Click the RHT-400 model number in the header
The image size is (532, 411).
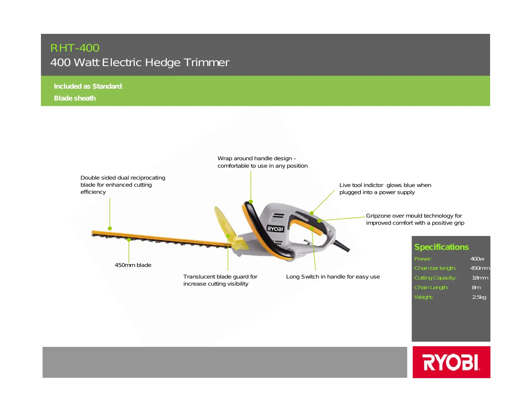(75, 48)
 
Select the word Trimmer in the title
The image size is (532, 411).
(207, 62)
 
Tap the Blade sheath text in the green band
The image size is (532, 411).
(75, 98)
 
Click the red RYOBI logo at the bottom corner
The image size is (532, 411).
(451, 362)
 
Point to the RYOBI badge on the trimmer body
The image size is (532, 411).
(275, 229)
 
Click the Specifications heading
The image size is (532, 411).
(441, 247)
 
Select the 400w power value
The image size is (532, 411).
(477, 259)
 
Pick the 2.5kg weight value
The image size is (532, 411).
(479, 297)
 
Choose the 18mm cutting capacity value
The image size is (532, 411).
(480, 278)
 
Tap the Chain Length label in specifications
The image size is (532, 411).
(431, 288)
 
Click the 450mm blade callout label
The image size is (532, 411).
(133, 265)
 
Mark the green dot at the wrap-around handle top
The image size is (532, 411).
(251, 202)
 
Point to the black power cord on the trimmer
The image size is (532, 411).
(341, 245)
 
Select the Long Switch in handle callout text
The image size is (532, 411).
(333, 277)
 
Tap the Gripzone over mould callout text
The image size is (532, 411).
(415, 219)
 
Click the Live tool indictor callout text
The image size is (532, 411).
(385, 189)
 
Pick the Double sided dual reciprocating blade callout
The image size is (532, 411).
(123, 185)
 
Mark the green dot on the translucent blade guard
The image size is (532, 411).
(228, 236)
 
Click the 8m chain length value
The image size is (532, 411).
(476, 288)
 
